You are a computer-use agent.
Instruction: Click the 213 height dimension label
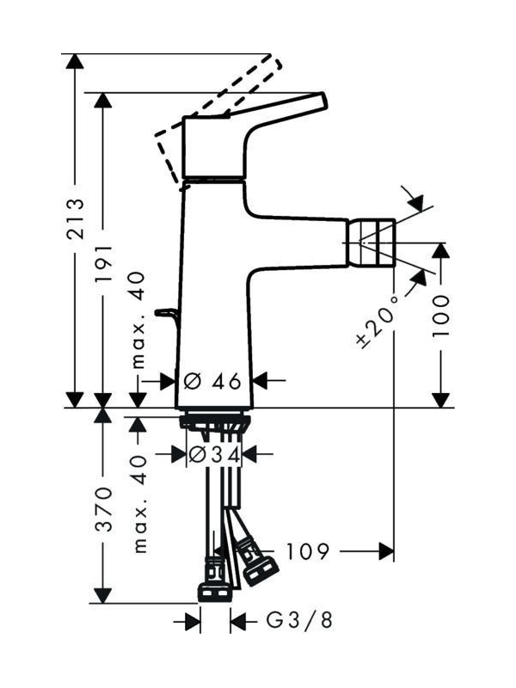[75, 218]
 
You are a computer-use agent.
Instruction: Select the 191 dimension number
[104, 265]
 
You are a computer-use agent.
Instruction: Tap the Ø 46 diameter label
[212, 381]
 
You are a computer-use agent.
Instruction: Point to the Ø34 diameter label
[214, 455]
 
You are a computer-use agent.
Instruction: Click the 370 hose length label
[104, 508]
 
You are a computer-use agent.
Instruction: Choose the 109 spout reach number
[307, 551]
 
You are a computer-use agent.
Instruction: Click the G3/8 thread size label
[299, 620]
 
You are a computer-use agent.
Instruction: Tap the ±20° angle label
[377, 321]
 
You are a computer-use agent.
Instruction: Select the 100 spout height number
[441, 316]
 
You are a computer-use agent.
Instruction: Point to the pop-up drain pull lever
[166, 315]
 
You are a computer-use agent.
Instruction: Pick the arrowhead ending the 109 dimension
[386, 551]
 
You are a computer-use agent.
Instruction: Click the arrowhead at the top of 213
[75, 61]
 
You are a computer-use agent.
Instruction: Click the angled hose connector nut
[261, 569]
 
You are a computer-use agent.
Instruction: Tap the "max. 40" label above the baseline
[138, 319]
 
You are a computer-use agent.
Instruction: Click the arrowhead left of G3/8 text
[193, 621]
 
